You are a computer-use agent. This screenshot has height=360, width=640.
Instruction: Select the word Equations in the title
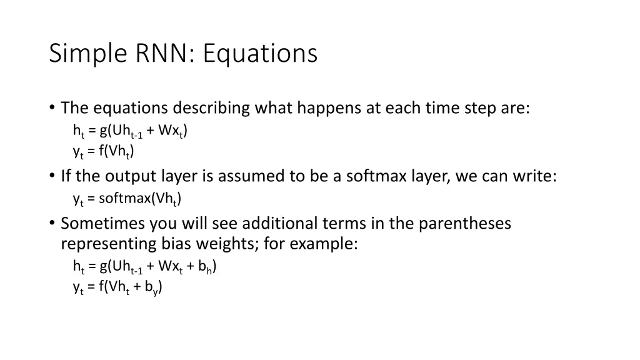pyautogui.click(x=260, y=54)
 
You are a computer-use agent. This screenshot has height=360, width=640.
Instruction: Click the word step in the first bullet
pyautogui.click(x=480, y=108)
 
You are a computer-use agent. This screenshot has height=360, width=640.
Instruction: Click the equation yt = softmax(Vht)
pyautogui.click(x=127, y=199)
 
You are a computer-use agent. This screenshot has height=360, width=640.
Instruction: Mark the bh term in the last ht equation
pyautogui.click(x=207, y=267)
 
